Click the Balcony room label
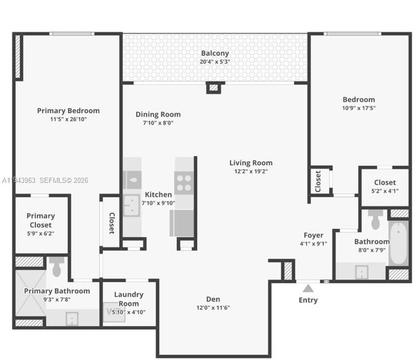tap(215, 53)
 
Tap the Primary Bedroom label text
tap(68, 111)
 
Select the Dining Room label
tap(158, 115)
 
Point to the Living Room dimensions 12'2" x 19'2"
tap(251, 171)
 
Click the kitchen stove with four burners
tap(184, 183)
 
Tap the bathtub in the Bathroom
tap(398, 243)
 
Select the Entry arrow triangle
tap(308, 288)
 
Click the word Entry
tap(308, 300)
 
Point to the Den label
tap(213, 299)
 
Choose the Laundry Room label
tap(128, 299)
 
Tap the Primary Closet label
tap(41, 220)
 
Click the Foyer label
tap(314, 235)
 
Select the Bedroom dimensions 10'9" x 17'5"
tap(358, 108)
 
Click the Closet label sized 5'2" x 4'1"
tap(385, 182)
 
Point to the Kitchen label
tap(158, 194)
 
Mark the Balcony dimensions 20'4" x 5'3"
tap(215, 62)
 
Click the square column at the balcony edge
tap(213, 88)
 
